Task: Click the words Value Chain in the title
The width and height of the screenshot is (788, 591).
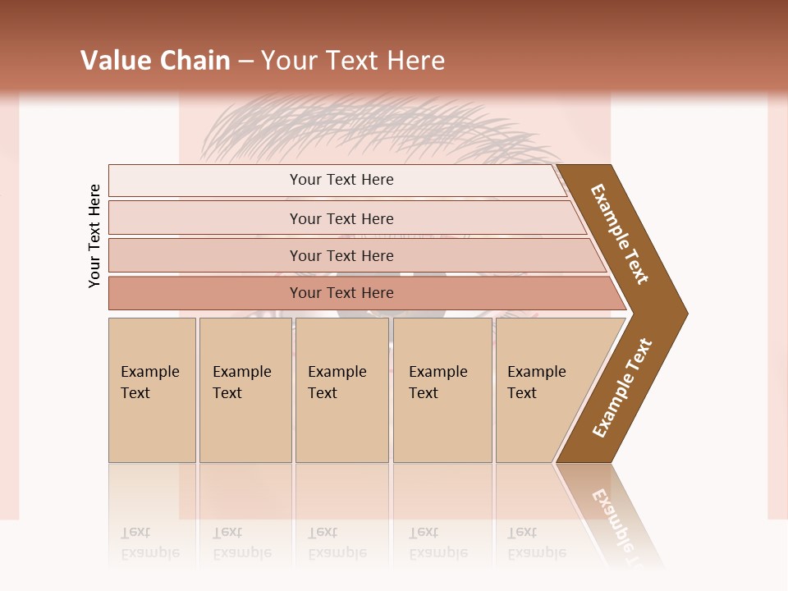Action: coord(155,61)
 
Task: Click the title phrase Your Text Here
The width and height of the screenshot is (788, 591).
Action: coord(353,61)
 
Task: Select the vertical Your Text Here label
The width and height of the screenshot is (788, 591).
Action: coord(94,236)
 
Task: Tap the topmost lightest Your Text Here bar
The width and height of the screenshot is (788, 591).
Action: coord(341,180)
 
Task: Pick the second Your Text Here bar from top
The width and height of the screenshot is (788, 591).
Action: coord(341,218)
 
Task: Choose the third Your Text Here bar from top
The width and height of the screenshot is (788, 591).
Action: coord(341,255)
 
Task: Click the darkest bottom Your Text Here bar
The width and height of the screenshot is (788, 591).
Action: coord(341,293)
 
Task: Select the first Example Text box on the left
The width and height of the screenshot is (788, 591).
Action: coord(152,390)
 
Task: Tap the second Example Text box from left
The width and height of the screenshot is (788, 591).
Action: coord(245,390)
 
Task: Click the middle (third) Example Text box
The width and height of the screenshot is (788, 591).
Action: coord(341,390)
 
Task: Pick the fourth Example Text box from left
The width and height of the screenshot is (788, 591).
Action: coord(442,390)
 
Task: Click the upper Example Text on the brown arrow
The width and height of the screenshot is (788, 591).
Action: coord(620,234)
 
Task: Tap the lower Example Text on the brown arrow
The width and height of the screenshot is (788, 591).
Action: coord(622,387)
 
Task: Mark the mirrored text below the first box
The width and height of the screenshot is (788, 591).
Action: coord(150,543)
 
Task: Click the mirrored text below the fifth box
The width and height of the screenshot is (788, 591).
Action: coord(537,543)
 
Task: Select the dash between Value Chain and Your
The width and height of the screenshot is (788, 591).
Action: coord(245,62)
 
